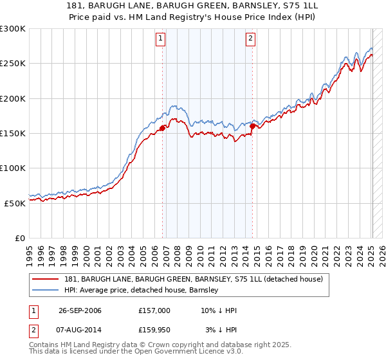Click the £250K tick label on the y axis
pos(13,64)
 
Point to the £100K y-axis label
pos(13,168)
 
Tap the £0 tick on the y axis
pos(20,238)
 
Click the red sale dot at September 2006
pos(162,128)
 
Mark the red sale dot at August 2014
pos(253,126)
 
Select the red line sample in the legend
pos(46,280)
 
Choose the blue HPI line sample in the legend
pos(46,290)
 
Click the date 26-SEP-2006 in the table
pos(80,310)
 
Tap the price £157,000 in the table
pos(154,310)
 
